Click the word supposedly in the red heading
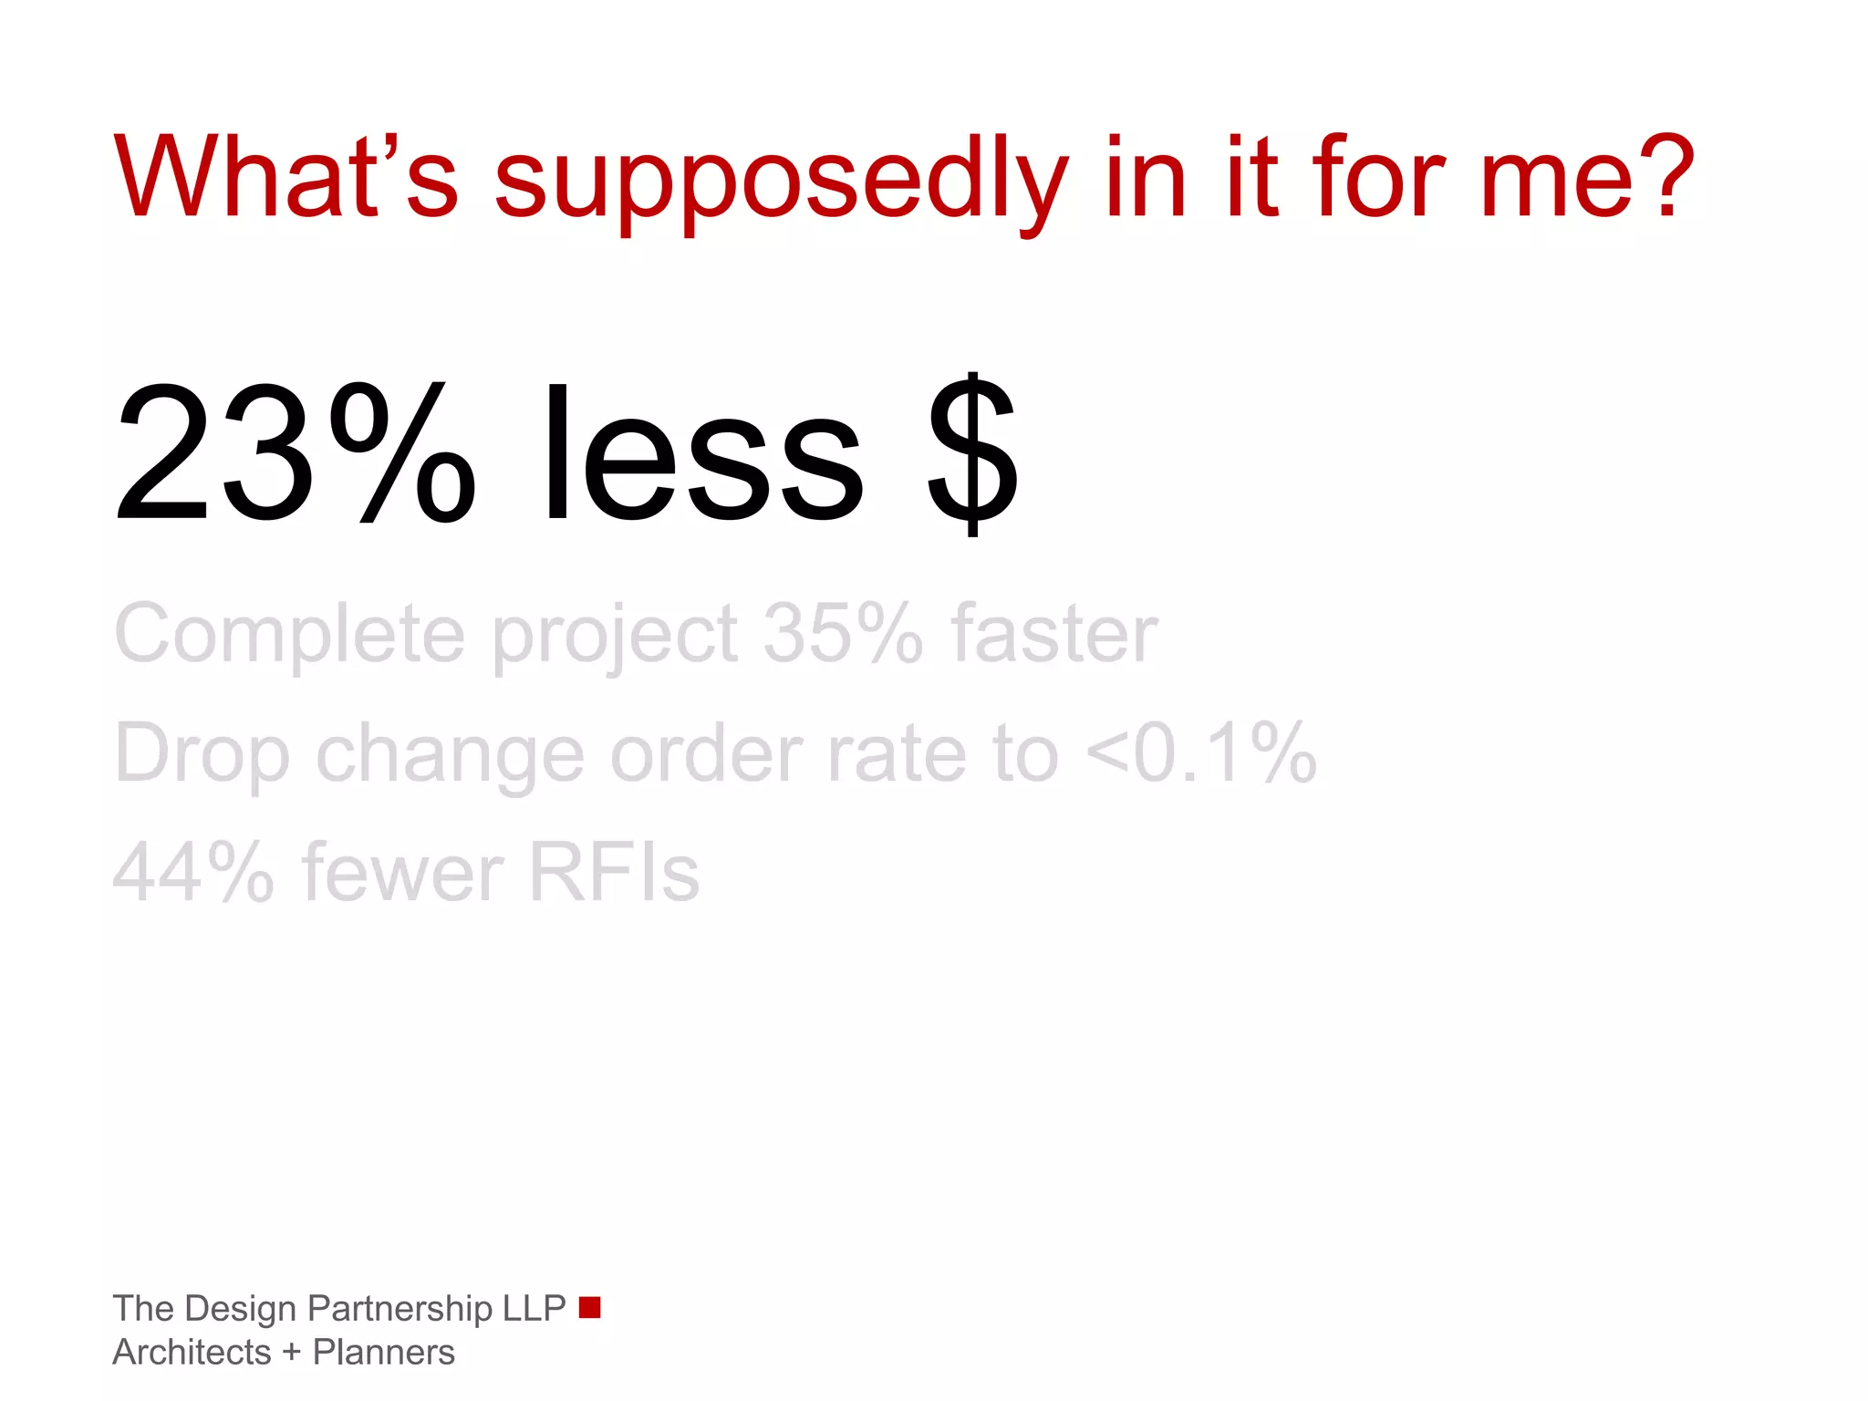click(x=780, y=181)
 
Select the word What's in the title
click(x=285, y=175)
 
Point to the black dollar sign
click(x=972, y=453)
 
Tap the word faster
click(x=1054, y=633)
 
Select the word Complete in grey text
click(x=289, y=633)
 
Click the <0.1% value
click(x=1202, y=752)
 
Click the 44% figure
click(x=193, y=872)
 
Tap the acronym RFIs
click(x=614, y=872)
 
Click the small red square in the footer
click(x=590, y=1307)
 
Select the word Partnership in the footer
click(x=400, y=1309)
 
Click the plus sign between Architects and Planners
click(x=292, y=1353)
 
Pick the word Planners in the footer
click(x=383, y=1353)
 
